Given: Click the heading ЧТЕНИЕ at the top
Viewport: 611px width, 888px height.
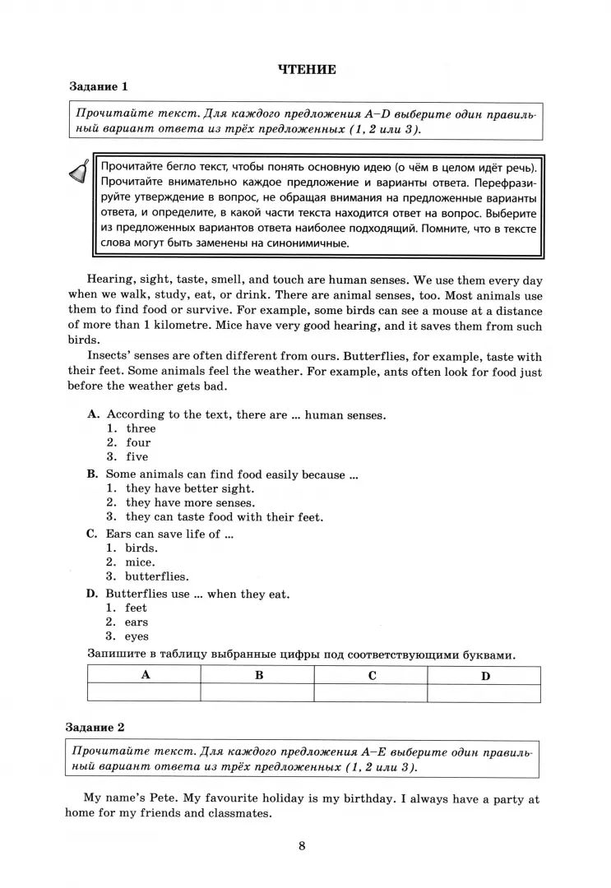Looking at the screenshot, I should pyautogui.click(x=307, y=69).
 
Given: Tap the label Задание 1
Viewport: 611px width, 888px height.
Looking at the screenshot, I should pyautogui.click(x=98, y=86).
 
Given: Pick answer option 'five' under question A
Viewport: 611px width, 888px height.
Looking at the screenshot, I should pyautogui.click(x=137, y=456).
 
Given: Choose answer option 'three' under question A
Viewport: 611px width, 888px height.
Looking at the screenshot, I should pyautogui.click(x=141, y=428).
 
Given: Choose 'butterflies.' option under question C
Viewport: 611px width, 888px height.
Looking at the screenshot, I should pyautogui.click(x=157, y=576).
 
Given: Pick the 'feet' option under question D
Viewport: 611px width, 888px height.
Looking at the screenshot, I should pyautogui.click(x=137, y=608).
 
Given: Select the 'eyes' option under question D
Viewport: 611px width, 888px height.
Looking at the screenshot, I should pyautogui.click(x=137, y=636).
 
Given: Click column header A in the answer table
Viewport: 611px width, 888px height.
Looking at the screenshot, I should pyautogui.click(x=146, y=675).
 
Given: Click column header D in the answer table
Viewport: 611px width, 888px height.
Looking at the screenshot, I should pyautogui.click(x=485, y=675).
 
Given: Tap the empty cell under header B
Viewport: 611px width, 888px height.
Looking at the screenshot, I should pyautogui.click(x=258, y=693).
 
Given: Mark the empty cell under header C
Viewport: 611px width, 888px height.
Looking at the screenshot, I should pyautogui.click(x=372, y=693).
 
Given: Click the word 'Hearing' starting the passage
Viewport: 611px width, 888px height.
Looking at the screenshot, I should pyautogui.click(x=109, y=280).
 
